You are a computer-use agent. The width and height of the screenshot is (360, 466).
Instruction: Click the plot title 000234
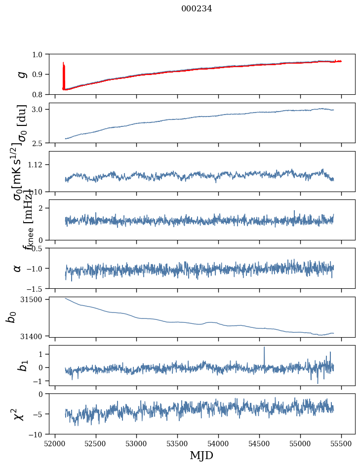(197, 8)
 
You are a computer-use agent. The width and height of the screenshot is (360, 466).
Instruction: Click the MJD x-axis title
(201, 455)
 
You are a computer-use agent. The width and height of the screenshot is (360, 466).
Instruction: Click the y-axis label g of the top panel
(21, 74)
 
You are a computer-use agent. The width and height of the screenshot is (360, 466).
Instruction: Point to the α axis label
(18, 268)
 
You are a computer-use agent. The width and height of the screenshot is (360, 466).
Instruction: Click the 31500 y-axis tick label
(39, 299)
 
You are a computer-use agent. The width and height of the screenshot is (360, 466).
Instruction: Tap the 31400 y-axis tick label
(39, 336)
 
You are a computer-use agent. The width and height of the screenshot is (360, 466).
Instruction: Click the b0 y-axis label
(11, 316)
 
